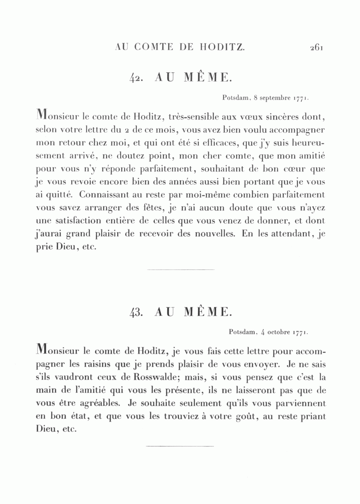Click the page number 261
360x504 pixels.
coord(316,47)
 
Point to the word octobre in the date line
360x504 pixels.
coord(279,332)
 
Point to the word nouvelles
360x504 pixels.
coord(214,234)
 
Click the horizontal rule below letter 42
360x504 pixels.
coord(181,270)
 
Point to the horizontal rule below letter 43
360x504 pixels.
coord(180,446)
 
